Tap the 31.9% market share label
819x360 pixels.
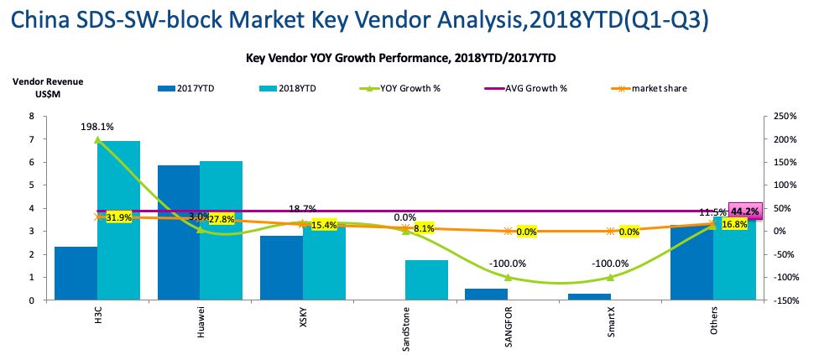[x=119, y=218]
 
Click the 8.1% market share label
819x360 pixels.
[x=424, y=227]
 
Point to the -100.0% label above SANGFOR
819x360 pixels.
[x=507, y=263]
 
